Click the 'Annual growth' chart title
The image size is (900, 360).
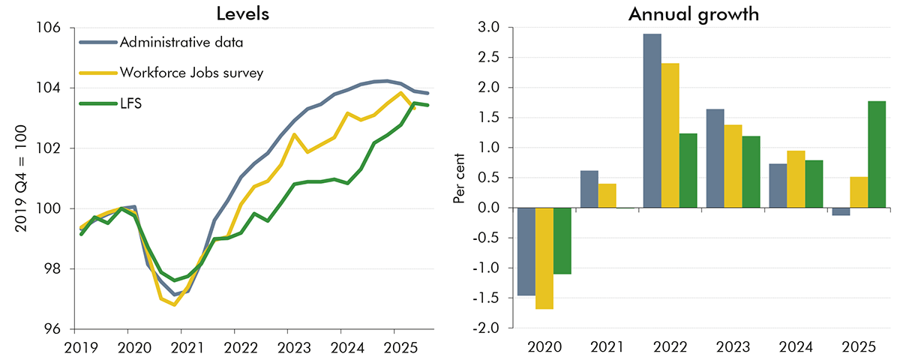[688, 13]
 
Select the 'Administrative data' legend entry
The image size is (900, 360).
[181, 43]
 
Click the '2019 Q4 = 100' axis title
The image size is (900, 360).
[21, 179]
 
